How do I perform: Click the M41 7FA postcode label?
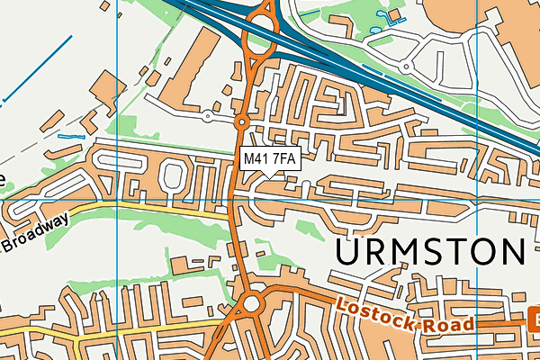coord(270,159)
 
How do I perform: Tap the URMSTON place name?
coord(430,252)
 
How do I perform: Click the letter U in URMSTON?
coord(351,252)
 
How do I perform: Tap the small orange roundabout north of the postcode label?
coord(241,121)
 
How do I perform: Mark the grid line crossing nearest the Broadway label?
coord(119,200)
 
